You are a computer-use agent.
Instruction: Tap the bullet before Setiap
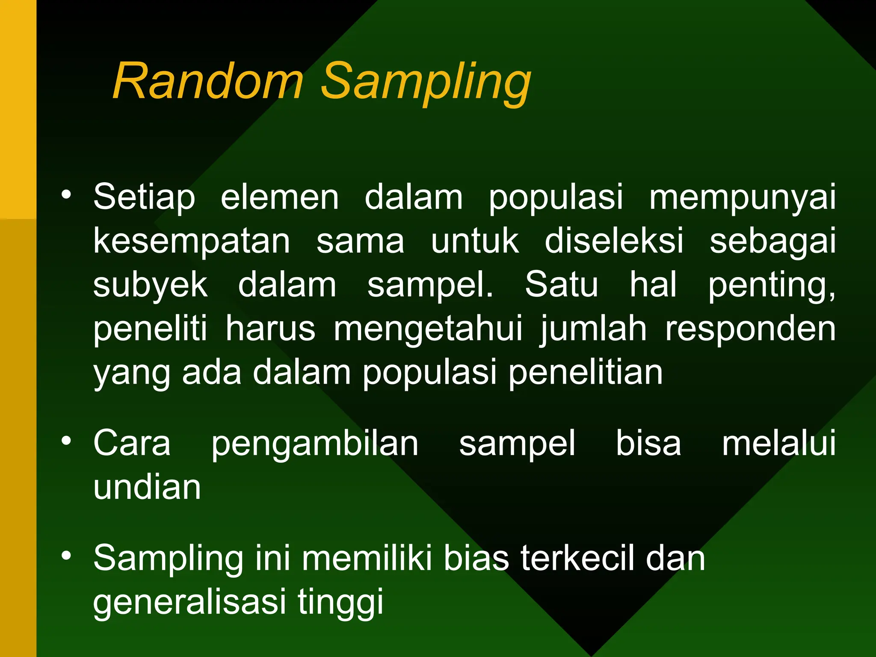coord(66,195)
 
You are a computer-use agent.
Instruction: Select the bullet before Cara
coord(66,441)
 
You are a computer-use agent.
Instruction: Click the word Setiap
coord(144,198)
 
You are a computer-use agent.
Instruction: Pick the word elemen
coord(280,198)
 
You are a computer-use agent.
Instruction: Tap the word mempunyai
coord(742,198)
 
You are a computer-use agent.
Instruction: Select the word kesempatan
coord(192,242)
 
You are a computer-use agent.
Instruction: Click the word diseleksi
coord(614,242)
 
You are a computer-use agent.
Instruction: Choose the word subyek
coord(151,286)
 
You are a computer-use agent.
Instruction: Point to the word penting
coord(771,286)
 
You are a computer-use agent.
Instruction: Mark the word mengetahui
coord(428,329)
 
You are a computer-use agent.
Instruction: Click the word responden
coord(750,329)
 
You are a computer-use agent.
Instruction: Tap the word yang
coord(132,373)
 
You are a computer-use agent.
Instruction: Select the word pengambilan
coord(315,444)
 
